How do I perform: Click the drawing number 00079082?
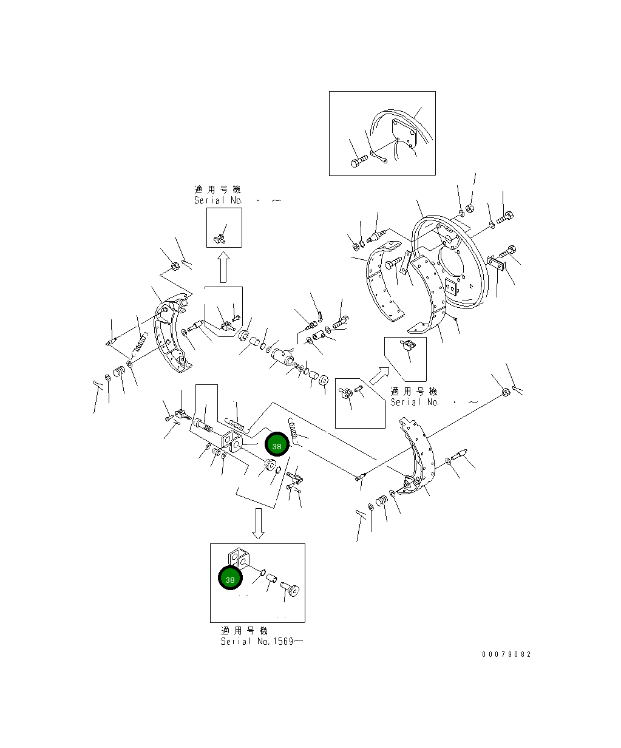tap(506, 654)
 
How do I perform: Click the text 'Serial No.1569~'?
tap(260, 642)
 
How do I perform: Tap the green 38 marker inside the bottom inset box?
tap(230, 579)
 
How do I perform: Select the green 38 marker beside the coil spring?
tap(277, 446)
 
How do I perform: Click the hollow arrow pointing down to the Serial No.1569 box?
tap(259, 523)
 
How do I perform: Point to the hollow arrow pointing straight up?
tap(223, 268)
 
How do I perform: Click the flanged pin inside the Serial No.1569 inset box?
tap(291, 588)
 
